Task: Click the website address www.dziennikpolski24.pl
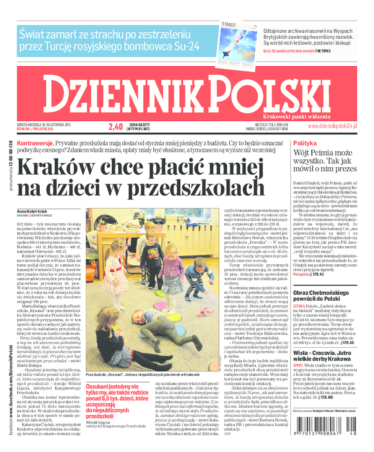332,126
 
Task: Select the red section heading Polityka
305,143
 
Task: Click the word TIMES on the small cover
230,24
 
